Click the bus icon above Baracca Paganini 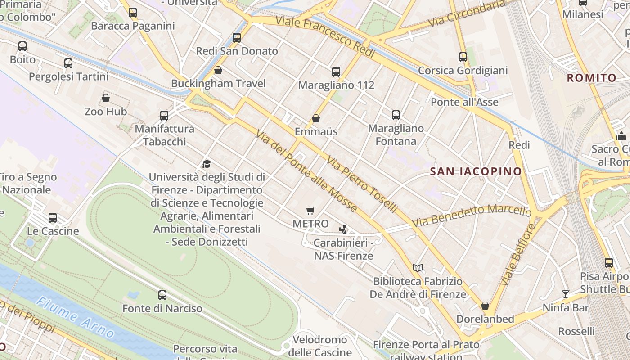click(x=133, y=13)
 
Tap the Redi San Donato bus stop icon click(x=237, y=38)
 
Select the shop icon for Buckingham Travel click(x=218, y=70)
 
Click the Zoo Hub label click(x=106, y=111)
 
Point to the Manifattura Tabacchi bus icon click(x=164, y=116)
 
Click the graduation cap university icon click(x=207, y=164)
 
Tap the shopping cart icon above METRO click(x=310, y=211)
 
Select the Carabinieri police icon click(x=343, y=229)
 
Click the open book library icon click(x=418, y=268)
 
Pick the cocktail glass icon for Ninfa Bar click(x=566, y=294)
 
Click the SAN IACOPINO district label click(x=476, y=171)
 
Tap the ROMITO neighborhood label click(x=591, y=78)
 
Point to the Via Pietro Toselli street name click(x=362, y=184)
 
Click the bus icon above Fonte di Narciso click(x=162, y=295)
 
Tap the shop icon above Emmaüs click(x=316, y=118)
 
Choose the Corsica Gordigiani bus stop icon click(x=463, y=57)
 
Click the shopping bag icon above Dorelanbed click(x=485, y=306)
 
